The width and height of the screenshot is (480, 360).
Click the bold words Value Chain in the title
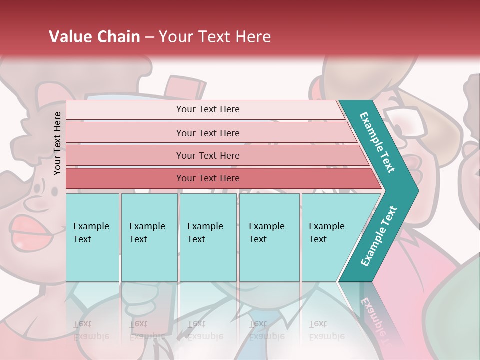pos(94,37)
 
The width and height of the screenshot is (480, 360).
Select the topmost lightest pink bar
pos(208,109)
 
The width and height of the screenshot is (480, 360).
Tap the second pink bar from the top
pos(208,133)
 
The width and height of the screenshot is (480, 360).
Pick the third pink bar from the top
pos(208,155)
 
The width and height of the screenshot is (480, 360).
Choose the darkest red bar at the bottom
pos(208,178)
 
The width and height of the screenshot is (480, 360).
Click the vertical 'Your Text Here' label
pos(57,143)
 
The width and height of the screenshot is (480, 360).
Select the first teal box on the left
pos(92,237)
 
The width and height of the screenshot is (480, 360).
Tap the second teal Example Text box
pos(149,237)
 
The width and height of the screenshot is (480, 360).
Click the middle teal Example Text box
pos(208,237)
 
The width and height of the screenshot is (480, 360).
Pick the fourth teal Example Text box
pos(269,237)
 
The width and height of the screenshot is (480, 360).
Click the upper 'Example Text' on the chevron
pos(377,142)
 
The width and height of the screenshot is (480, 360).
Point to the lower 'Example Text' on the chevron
pos(379,236)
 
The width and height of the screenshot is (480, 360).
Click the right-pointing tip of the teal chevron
pos(416,190)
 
